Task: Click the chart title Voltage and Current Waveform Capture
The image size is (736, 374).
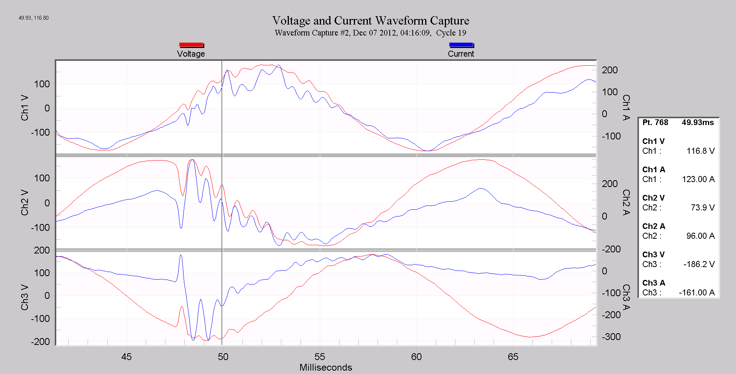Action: click(x=370, y=20)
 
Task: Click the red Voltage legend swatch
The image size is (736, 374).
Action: click(x=191, y=45)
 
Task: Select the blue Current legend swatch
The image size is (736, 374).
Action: click(x=461, y=45)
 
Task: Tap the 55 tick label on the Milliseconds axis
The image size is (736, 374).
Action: click(x=319, y=357)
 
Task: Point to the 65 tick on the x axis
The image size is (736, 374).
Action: click(x=513, y=357)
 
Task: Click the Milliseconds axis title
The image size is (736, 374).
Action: click(x=326, y=367)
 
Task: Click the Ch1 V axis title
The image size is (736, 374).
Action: click(x=25, y=108)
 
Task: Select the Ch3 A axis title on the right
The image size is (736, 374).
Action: click(x=626, y=297)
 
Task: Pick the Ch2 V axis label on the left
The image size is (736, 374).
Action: click(x=25, y=202)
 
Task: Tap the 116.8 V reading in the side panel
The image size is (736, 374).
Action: click(x=700, y=151)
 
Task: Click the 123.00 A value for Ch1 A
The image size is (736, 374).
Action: click(x=698, y=179)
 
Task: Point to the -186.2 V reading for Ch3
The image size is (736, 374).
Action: click(x=699, y=264)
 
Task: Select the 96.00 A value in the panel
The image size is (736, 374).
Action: click(x=700, y=236)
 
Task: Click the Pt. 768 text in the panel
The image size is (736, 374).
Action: click(x=655, y=122)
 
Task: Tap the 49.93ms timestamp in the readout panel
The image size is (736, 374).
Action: click(x=697, y=122)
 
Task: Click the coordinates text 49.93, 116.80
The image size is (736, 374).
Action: click(x=34, y=18)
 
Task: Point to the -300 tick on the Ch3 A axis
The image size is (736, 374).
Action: click(x=611, y=337)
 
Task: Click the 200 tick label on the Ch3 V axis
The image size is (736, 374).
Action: click(x=42, y=250)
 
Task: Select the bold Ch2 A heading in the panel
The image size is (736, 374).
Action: click(x=654, y=226)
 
